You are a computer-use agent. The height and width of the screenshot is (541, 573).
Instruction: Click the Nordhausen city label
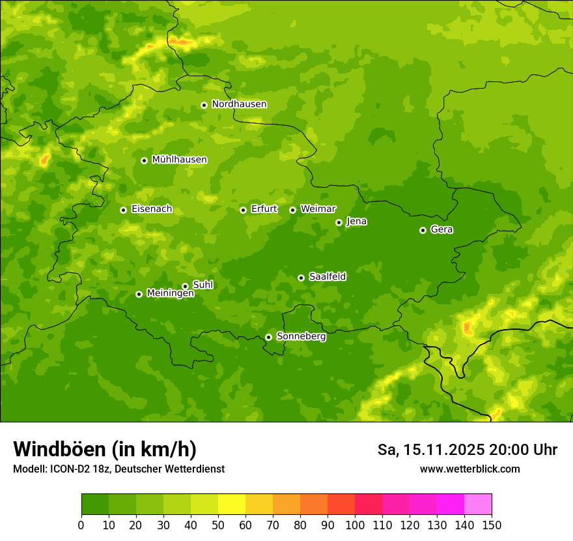pos(239,104)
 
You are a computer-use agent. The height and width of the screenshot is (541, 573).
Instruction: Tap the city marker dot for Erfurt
pos(243,210)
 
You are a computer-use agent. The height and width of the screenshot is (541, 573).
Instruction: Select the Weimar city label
pos(318,209)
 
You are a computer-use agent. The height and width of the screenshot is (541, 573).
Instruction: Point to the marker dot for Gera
pos(423,230)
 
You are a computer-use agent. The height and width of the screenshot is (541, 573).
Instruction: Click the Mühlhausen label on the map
pos(179,160)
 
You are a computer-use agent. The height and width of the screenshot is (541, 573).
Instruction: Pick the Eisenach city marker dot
pos(123,210)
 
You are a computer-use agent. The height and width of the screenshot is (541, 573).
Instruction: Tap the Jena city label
pos(356,222)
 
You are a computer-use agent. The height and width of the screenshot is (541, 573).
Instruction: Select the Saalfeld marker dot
pos(301,278)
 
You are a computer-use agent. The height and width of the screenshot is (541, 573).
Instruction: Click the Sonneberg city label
pos(301,336)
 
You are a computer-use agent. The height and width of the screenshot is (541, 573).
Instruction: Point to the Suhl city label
pos(203,285)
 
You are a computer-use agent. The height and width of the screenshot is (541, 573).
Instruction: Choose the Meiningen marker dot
pos(139,294)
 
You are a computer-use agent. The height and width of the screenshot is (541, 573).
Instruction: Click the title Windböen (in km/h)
pos(105,449)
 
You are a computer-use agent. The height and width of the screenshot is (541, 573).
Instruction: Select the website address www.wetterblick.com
pos(469,469)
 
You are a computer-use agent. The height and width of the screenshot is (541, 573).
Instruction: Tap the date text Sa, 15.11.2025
pos(430,450)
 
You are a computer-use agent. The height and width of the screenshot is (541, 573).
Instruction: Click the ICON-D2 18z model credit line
pos(119,469)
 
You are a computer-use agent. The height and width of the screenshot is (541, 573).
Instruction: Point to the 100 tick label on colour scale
pos(355,525)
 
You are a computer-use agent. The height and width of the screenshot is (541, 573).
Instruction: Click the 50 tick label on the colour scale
pos(218,525)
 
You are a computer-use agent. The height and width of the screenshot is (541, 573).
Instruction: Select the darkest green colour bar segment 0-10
pos(95,504)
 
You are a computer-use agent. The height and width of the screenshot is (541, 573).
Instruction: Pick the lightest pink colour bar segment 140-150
pos(478,504)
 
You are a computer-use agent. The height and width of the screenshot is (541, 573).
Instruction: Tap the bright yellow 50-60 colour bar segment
pos(232,504)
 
